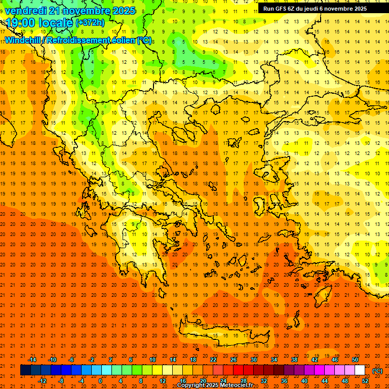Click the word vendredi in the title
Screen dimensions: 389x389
(x=25, y=11)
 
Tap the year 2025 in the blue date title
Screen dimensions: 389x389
(x=123, y=11)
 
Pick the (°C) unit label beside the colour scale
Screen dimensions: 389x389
(x=377, y=371)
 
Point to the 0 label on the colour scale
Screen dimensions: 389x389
(x=100, y=381)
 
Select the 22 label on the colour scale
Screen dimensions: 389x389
(x=213, y=360)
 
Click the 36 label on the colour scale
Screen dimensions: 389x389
(x=284, y=381)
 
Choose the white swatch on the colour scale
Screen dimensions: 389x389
(x=360, y=370)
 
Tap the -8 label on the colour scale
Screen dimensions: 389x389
(x=61, y=381)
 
